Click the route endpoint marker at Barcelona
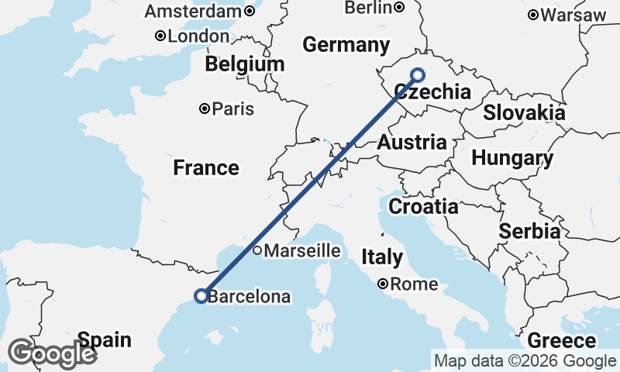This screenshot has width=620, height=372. pyautogui.click(x=201, y=295)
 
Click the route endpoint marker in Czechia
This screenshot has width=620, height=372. pyautogui.click(x=418, y=74)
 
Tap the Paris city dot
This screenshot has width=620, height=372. pyautogui.click(x=205, y=109)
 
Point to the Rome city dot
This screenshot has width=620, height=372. pyautogui.click(x=383, y=284)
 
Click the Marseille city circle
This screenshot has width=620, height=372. pyautogui.click(x=257, y=250)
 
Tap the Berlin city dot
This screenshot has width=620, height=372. pyautogui.click(x=399, y=8)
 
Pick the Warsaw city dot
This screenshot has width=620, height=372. pyautogui.click(x=533, y=15)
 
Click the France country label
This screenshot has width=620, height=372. pyautogui.click(x=205, y=167)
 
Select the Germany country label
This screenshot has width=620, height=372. pyautogui.click(x=346, y=45)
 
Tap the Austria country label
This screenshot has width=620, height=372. pyautogui.click(x=412, y=143)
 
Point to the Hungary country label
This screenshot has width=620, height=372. pyautogui.click(x=512, y=159)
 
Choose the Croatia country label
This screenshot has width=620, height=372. pyautogui.click(x=423, y=207)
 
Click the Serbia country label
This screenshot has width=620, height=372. pyautogui.click(x=529, y=231)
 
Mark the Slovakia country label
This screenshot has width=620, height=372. pyautogui.click(x=524, y=113)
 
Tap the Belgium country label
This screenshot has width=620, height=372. pyautogui.click(x=245, y=64)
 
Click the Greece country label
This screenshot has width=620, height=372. pyautogui.click(x=562, y=341)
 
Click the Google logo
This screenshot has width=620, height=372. pyautogui.click(x=52, y=353)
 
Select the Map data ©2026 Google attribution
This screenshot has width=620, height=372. pyautogui.click(x=525, y=360)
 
